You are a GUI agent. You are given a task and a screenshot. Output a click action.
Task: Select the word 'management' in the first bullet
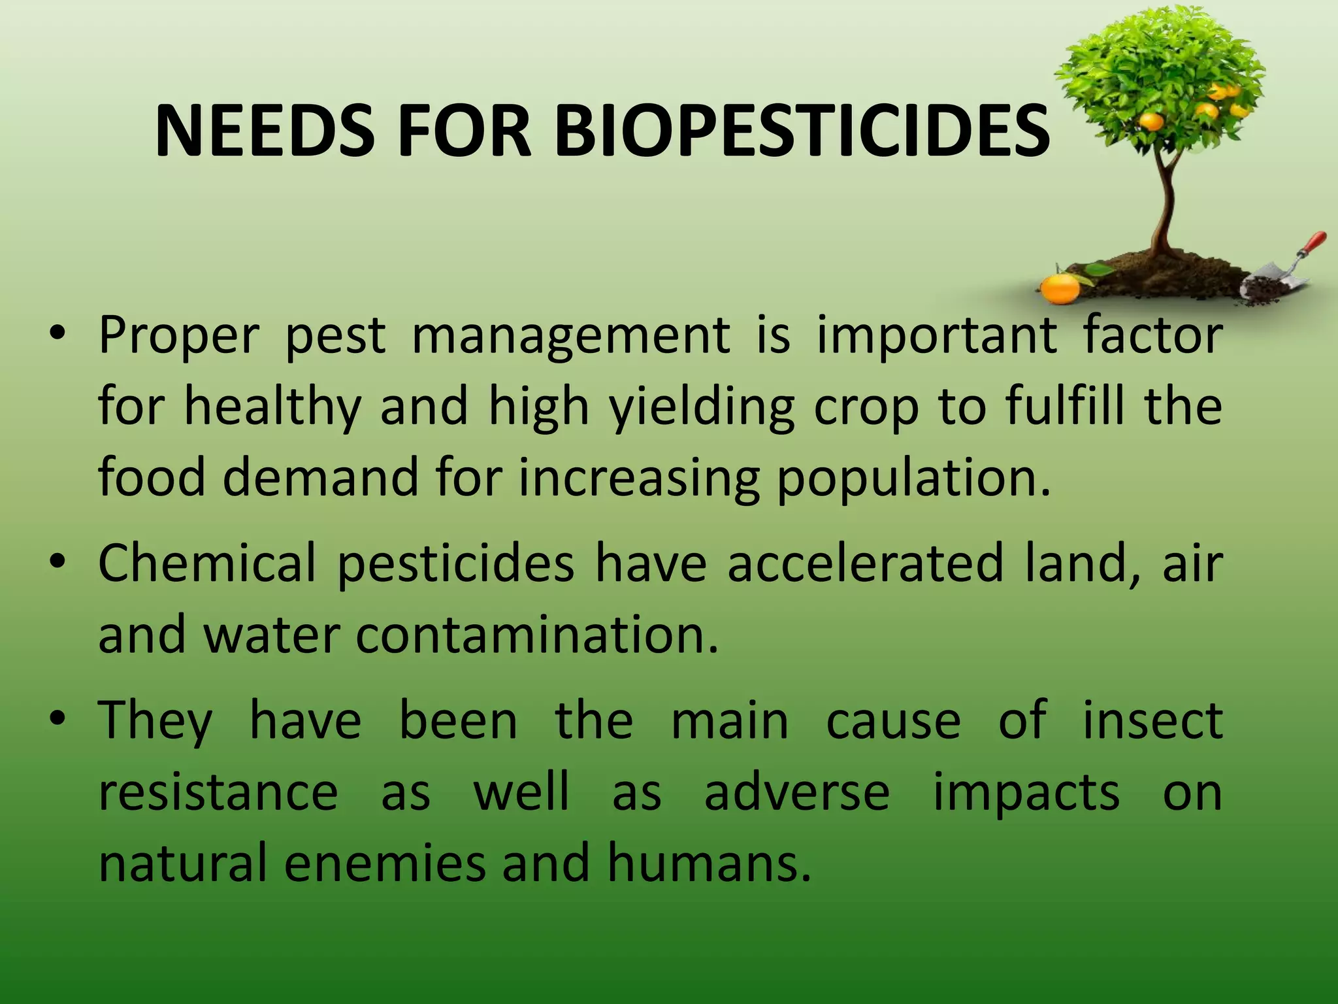(570, 336)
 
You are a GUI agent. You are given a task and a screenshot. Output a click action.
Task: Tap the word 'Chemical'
(207, 563)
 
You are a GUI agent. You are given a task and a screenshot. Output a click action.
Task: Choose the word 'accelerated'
(866, 563)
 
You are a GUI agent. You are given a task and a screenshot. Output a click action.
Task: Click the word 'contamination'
(537, 635)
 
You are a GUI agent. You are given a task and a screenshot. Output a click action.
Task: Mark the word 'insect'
(1153, 720)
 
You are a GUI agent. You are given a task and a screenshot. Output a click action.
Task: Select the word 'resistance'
(218, 792)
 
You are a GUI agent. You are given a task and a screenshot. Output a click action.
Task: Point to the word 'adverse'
(797, 792)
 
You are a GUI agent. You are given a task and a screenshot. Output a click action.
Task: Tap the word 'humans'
(710, 863)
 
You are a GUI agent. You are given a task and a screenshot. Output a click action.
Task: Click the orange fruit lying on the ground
(1060, 288)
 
